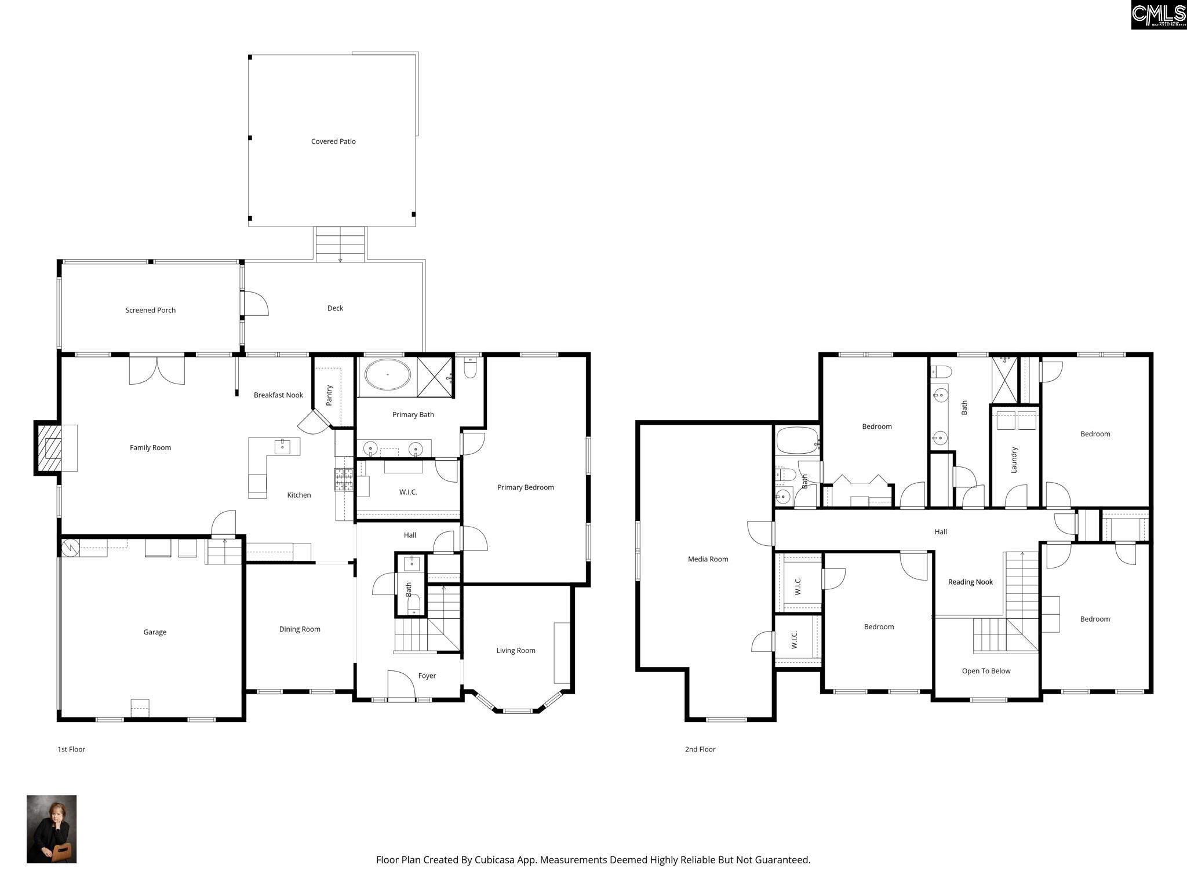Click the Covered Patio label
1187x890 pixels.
(333, 141)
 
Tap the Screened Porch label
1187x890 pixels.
(150, 310)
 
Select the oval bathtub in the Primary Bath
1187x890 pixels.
(387, 375)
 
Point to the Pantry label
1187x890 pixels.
(329, 395)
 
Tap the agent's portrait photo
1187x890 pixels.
(52, 829)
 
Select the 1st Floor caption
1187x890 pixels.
(71, 749)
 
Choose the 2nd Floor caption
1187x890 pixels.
(700, 749)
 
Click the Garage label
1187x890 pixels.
(155, 632)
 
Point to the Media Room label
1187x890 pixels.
(708, 559)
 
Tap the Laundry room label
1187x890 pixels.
(1014, 459)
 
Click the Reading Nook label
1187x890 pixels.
(970, 582)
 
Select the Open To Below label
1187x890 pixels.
(986, 671)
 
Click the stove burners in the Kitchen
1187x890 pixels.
(344, 480)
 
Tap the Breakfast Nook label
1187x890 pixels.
(278, 395)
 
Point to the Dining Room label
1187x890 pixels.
(300, 629)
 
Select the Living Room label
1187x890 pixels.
(516, 651)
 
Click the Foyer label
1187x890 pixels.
(427, 676)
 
